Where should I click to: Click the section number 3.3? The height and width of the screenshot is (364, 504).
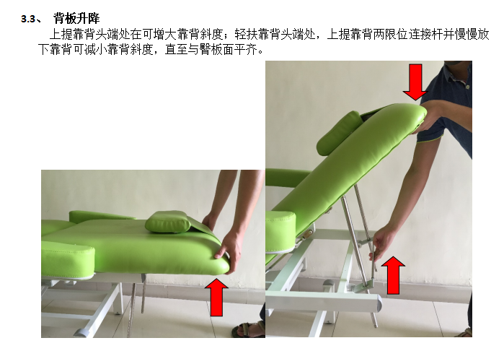click(x=28, y=19)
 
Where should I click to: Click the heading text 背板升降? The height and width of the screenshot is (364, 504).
click(x=76, y=18)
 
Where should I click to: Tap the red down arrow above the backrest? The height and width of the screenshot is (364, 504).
click(x=415, y=82)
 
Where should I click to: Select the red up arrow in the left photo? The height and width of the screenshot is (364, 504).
click(x=216, y=298)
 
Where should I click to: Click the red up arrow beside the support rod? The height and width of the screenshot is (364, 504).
click(x=393, y=275)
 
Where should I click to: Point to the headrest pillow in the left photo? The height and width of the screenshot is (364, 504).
click(x=168, y=222)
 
